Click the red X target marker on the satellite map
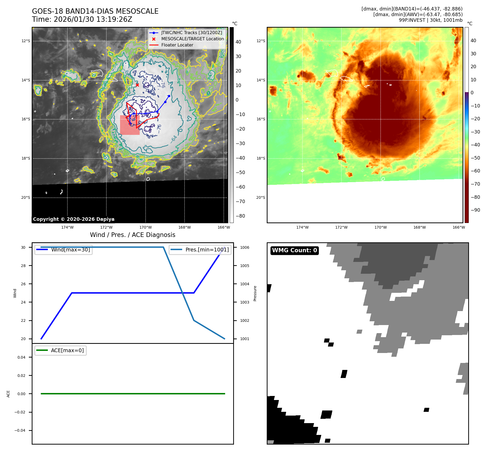pos(137,85)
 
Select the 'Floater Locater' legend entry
pos(177,45)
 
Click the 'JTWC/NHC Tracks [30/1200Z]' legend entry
pos(192,33)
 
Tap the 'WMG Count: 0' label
pos(294,250)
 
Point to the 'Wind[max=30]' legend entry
pos(70,250)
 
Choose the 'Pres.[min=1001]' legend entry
pos(207,250)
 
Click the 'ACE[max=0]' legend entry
pos(67,350)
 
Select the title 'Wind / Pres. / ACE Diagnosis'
pos(132,235)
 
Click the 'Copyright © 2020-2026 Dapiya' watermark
pos(74,219)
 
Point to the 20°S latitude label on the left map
pos(26,198)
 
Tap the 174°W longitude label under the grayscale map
pos(67,227)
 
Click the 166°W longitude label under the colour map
pos(459,227)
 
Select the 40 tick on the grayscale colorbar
pos(238,42)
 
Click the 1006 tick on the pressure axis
pos(244,247)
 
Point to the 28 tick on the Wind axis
pos(23,266)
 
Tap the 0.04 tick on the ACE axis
pos(21,357)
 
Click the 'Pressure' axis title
pos(255,293)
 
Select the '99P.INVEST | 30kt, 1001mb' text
pos(431,20)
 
